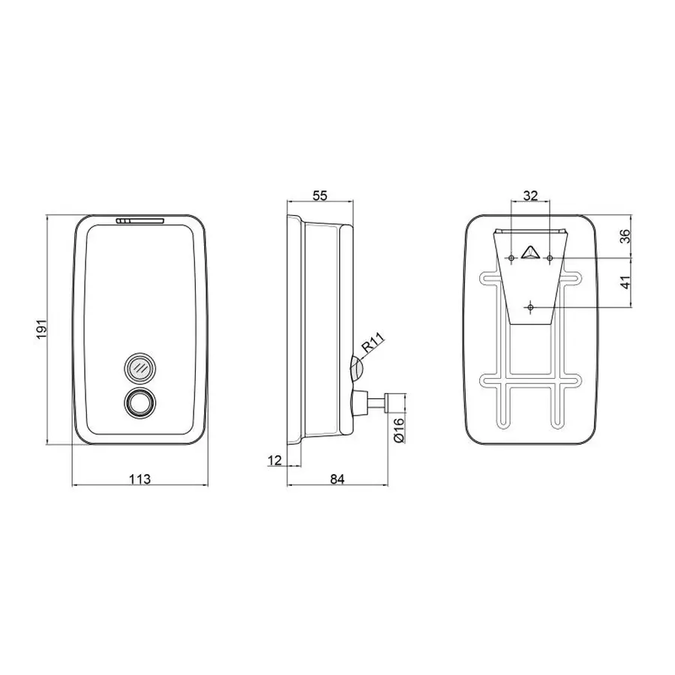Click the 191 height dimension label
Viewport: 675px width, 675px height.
click(x=41, y=329)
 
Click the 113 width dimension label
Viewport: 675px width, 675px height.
click(x=140, y=478)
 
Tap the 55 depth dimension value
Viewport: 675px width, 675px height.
click(x=319, y=196)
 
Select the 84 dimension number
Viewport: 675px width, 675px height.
click(x=337, y=478)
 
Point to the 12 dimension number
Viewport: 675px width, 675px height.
click(x=274, y=460)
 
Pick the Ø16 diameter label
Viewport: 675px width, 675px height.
click(x=399, y=429)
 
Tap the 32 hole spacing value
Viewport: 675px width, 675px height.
click(x=530, y=196)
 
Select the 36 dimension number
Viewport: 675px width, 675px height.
click(x=625, y=236)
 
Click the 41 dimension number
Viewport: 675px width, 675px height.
click(x=625, y=283)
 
